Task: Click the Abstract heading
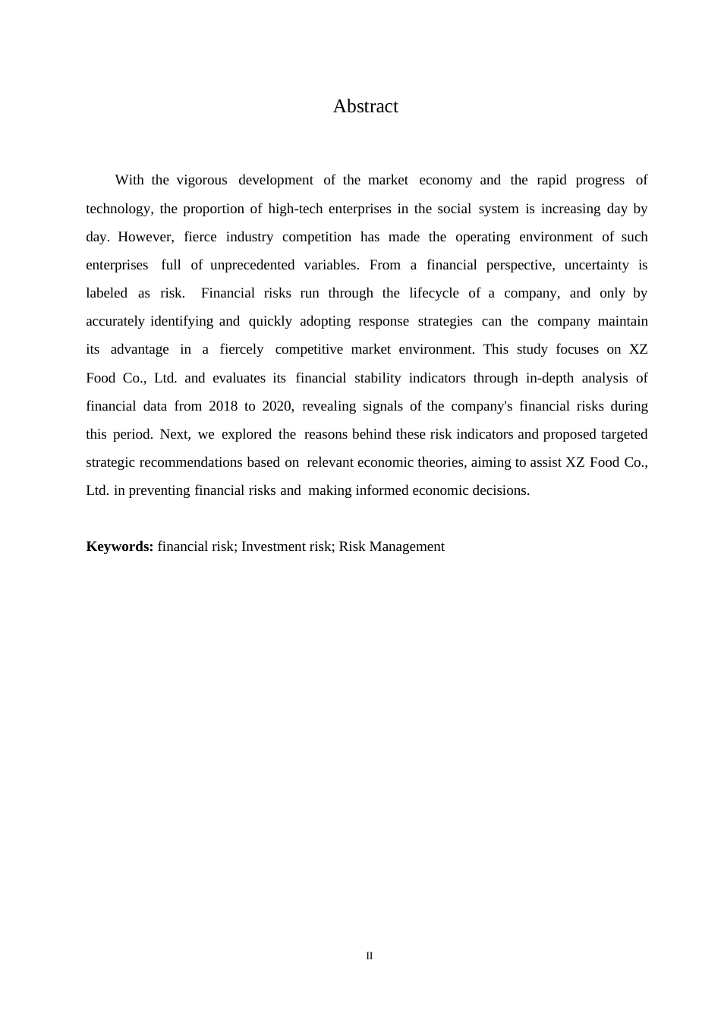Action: (365, 106)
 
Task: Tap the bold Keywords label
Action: (120, 546)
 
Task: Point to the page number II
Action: (370, 956)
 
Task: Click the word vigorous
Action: (202, 181)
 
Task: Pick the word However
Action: (146, 237)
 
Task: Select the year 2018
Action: (223, 406)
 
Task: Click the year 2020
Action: (277, 406)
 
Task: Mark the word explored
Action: (247, 434)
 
